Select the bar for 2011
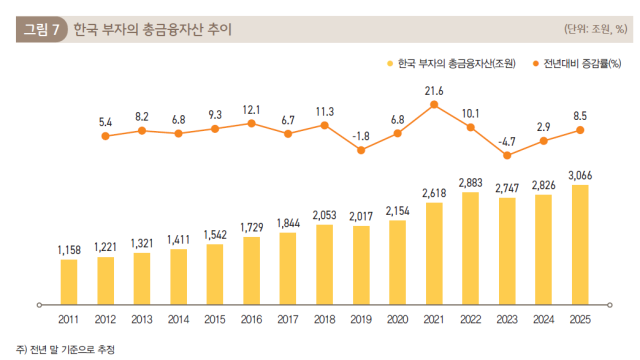69,280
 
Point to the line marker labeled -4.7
507,155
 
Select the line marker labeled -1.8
361,150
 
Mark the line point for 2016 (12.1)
252,124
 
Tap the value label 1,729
252,228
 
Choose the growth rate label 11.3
325,111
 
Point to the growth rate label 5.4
106,122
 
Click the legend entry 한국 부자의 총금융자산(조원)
451,64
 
